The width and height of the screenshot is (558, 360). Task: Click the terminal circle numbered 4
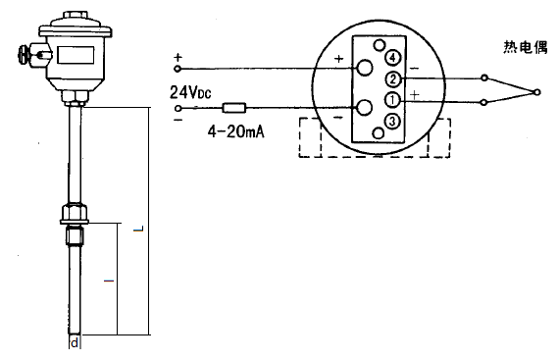point(390,56)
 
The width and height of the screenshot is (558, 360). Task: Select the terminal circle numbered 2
point(392,78)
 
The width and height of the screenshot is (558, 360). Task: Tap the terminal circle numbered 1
point(391,99)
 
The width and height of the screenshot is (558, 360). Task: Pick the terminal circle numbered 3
point(392,122)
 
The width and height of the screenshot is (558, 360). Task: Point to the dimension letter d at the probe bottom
point(76,343)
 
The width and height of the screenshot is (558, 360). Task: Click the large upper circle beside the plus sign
point(364,68)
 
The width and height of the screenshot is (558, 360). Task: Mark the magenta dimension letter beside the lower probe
point(108,281)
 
